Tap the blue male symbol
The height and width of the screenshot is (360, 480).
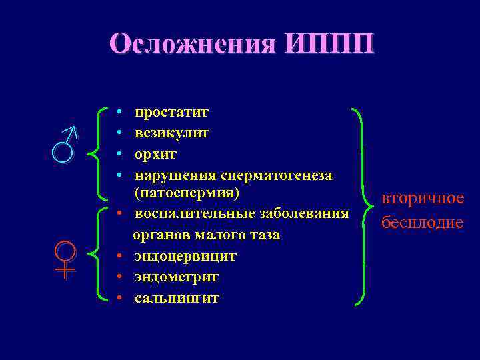(66, 143)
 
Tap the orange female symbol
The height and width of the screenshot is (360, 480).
(65, 260)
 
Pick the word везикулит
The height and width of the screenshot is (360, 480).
(171, 133)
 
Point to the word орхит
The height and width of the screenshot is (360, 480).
(155, 154)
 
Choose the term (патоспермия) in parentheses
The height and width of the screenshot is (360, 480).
(187, 193)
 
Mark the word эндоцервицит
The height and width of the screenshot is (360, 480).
(185, 256)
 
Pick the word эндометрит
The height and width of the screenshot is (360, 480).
(177, 277)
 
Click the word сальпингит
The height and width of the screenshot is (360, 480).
(177, 297)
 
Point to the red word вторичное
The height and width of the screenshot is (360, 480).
(422, 199)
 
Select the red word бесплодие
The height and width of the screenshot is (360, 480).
(422, 222)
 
